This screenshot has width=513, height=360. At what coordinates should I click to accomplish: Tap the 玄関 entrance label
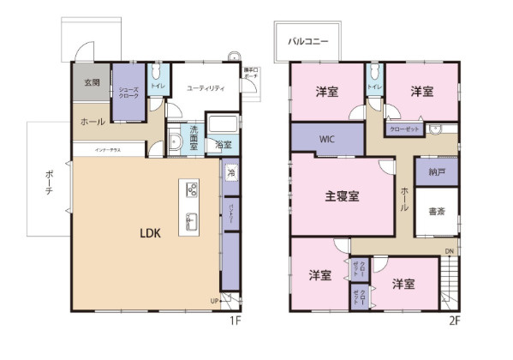pos(92,83)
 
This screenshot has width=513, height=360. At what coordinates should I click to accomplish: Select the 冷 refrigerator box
pos(231,172)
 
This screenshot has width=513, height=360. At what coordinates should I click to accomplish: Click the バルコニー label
pos(305,39)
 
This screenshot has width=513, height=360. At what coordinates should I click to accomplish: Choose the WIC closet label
pos(327,137)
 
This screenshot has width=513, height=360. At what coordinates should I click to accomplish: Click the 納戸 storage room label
pos(436,171)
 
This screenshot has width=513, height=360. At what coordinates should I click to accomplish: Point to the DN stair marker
pos(449,251)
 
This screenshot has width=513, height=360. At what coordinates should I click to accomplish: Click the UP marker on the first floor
pos(214,300)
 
